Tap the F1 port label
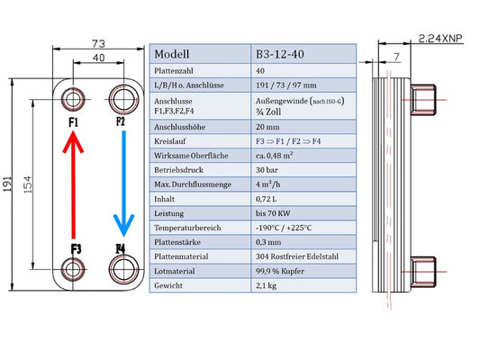click(x=73, y=121)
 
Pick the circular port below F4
click(x=122, y=267)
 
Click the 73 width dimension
click(x=98, y=43)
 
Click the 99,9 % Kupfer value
click(x=285, y=269)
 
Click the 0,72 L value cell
click(x=267, y=197)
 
